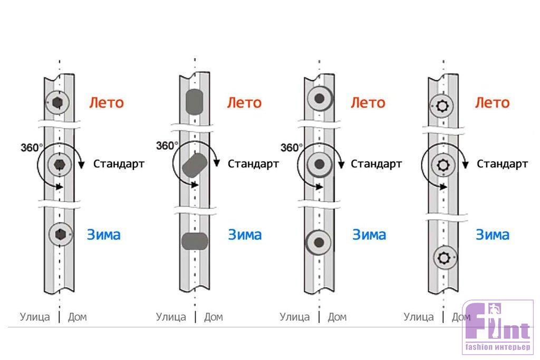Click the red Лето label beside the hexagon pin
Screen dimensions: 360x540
pos(107,102)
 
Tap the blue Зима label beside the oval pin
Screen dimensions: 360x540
pos(245,235)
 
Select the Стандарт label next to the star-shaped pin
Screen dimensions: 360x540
pos(502,164)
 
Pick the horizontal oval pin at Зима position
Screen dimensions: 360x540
pos(195,241)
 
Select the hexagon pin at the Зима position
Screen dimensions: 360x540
pos(59,233)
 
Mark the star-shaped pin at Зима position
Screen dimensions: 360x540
pos(444,258)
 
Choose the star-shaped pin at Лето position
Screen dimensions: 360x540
pos(442,106)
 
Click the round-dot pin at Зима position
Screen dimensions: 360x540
pos(318,242)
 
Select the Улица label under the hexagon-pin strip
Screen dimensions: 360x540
pos(35,317)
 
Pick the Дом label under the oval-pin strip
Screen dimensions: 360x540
pos(213,317)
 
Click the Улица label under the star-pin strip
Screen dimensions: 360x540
pos(419,317)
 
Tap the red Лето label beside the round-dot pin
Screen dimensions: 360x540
pos(368,102)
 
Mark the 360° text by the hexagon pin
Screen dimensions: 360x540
pos(32,148)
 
